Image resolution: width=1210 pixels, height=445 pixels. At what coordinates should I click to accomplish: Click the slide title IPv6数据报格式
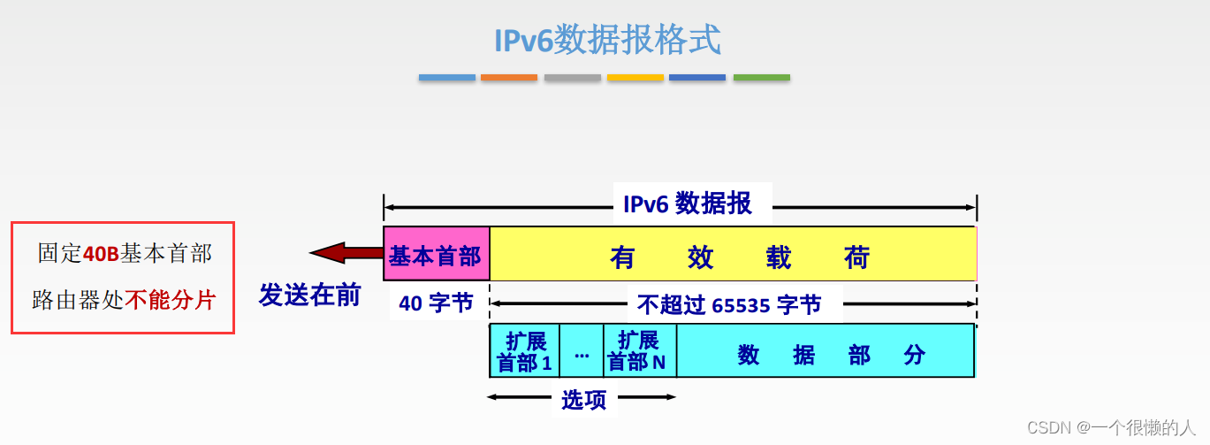pyautogui.click(x=606, y=40)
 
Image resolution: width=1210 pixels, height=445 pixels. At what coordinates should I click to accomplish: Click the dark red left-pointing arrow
pyautogui.click(x=346, y=254)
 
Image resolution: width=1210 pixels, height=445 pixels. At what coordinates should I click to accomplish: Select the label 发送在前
pyautogui.click(x=309, y=295)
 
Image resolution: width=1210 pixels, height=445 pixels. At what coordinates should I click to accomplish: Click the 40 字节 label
pyautogui.click(x=436, y=303)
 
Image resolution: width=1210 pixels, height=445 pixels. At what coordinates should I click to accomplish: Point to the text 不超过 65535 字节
pyautogui.click(x=729, y=304)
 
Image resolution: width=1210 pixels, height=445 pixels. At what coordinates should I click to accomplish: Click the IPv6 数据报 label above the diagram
pyautogui.click(x=688, y=203)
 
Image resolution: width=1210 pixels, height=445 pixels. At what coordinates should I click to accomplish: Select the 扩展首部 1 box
pyautogui.click(x=524, y=351)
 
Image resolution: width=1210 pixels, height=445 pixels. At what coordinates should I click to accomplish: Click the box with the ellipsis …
pyautogui.click(x=582, y=351)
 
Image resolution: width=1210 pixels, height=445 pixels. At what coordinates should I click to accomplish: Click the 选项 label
pyautogui.click(x=584, y=400)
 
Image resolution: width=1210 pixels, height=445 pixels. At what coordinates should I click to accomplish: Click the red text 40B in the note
pyautogui.click(x=101, y=254)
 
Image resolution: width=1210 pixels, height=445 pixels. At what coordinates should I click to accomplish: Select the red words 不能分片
pyautogui.click(x=170, y=299)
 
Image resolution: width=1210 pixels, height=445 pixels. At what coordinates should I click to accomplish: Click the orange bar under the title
pyautogui.click(x=509, y=78)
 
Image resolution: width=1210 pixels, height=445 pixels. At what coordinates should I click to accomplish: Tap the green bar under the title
pyautogui.click(x=761, y=78)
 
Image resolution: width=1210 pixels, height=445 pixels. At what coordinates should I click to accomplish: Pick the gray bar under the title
pyautogui.click(x=572, y=78)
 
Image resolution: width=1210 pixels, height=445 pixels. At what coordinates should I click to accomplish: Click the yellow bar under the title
pyautogui.click(x=635, y=78)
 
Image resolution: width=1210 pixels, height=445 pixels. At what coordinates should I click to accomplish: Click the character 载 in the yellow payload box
pyautogui.click(x=779, y=257)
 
